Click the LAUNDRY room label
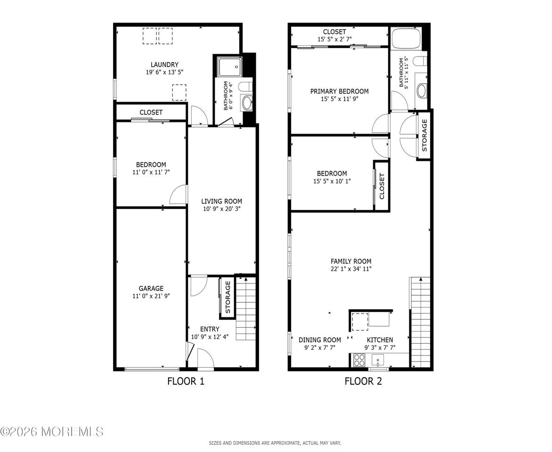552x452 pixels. coord(164,65)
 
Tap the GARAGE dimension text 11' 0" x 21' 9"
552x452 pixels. coord(151,296)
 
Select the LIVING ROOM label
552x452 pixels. coord(221,202)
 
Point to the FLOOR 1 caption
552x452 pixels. coord(186,381)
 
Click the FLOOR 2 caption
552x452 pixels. coord(363,381)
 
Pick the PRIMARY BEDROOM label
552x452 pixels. coord(340,91)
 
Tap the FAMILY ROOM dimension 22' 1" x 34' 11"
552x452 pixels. coord(351,269)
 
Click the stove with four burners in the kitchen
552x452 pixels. coord(359,360)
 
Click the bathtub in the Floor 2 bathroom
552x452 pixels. coord(406,38)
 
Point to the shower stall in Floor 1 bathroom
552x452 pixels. coord(230,67)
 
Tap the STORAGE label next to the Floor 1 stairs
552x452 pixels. coord(227,297)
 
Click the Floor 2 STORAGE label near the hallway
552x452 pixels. coord(424,135)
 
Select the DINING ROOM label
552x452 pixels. coord(320,339)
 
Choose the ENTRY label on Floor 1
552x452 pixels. coord(210,329)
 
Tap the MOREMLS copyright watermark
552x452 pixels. coord(52,431)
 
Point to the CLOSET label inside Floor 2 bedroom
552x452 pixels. coord(382,186)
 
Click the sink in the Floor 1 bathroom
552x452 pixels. coord(247,103)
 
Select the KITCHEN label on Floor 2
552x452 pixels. coord(380,339)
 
